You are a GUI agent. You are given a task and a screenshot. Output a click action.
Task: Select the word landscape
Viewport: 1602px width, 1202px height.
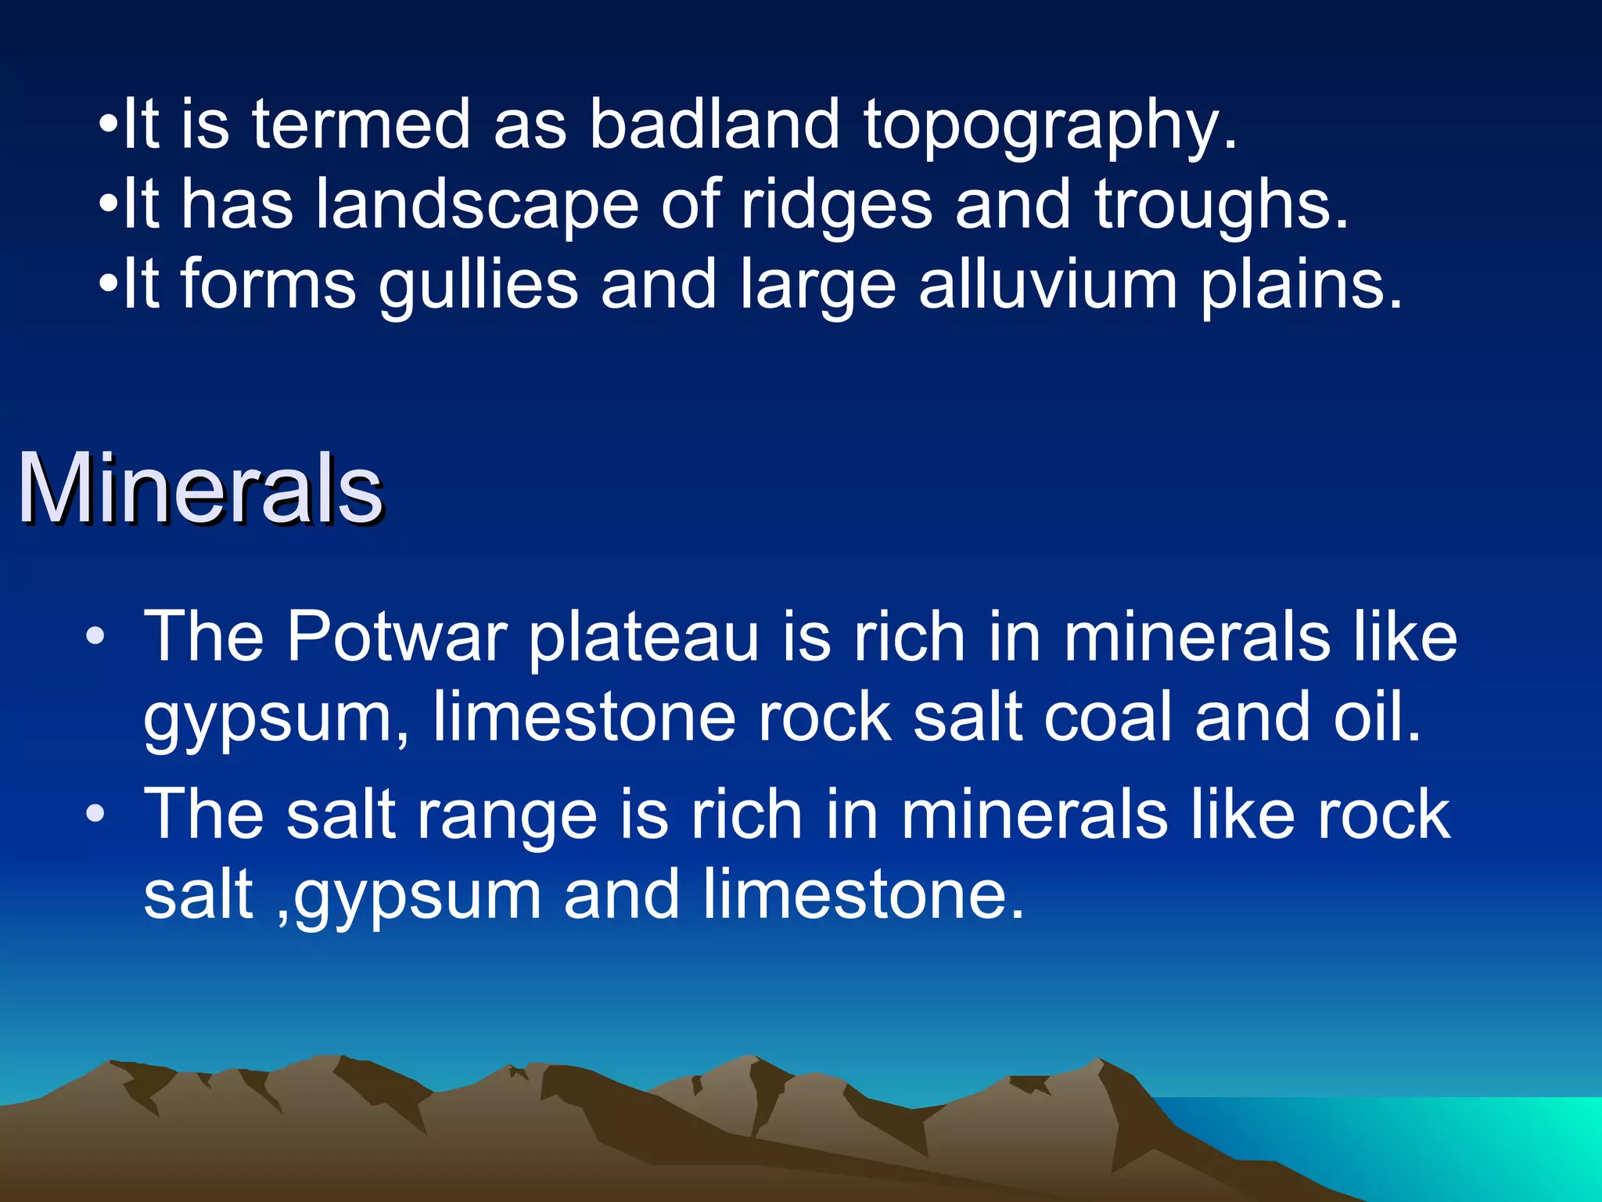[x=477, y=205]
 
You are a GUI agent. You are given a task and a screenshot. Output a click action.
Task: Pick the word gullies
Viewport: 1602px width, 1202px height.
[x=478, y=286]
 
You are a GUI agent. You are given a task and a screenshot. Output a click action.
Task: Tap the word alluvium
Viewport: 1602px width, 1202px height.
[x=1047, y=285]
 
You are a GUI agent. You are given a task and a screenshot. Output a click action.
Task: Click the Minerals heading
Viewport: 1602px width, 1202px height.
[x=200, y=488]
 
